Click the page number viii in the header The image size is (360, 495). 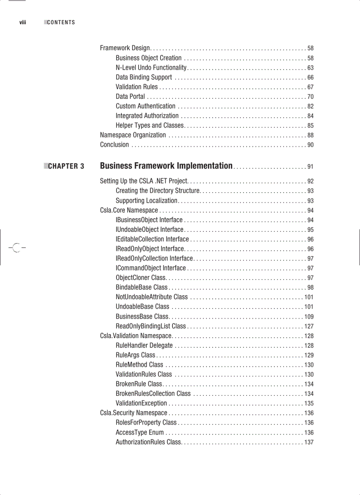pos(22,22)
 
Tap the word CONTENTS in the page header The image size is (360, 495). pos(61,22)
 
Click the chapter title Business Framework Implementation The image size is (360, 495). pos(166,166)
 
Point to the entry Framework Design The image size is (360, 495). pos(125,48)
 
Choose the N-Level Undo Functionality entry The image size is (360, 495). pos(151,67)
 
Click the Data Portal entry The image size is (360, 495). pos(130,97)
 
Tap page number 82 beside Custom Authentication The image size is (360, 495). pos(310,106)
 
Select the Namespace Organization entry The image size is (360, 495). pos(133,135)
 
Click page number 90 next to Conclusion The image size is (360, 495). pos(310,145)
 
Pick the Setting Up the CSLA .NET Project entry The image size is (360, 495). pos(144,181)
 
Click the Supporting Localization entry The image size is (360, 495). pos(146,201)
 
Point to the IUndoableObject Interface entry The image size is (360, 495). pos(149,230)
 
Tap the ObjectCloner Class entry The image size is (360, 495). pos(141,278)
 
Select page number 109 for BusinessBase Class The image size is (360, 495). pos(309,316)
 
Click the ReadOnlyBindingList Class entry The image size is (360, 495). pos(150,326)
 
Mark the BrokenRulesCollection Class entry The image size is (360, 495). pos(153,394)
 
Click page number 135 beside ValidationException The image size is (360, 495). pos(309,403)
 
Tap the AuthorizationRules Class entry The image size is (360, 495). pos(148,442)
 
